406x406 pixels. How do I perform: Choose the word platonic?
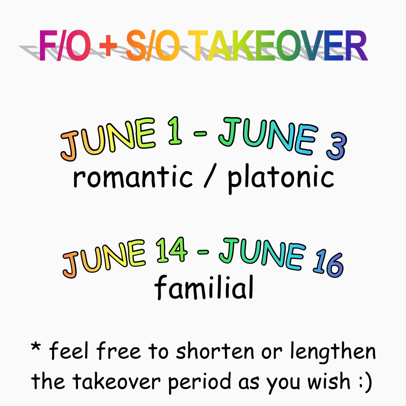[x=280, y=179]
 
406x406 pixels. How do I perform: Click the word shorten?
[x=215, y=352]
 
